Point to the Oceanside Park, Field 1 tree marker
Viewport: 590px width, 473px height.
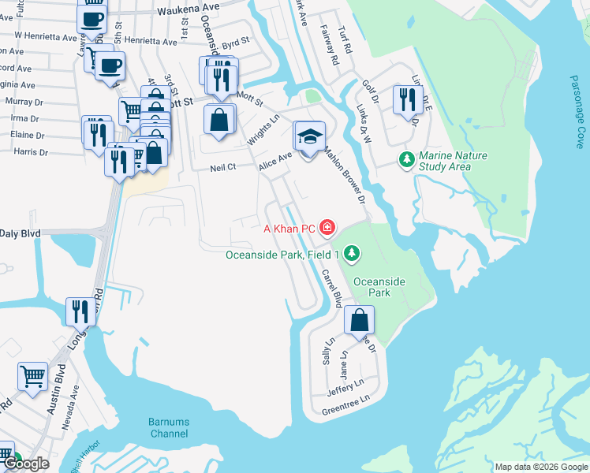[x=353, y=254]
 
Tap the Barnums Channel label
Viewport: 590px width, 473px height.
[x=169, y=428]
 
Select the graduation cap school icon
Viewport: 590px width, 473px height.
[x=310, y=136]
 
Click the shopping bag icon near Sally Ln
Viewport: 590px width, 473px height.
[x=359, y=320]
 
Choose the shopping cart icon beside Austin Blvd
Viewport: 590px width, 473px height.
[x=32, y=376]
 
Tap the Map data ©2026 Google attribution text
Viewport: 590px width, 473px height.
[x=540, y=467]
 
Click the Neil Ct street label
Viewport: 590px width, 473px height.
[x=223, y=168]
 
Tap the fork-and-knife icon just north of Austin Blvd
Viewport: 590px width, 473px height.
[x=79, y=312]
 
